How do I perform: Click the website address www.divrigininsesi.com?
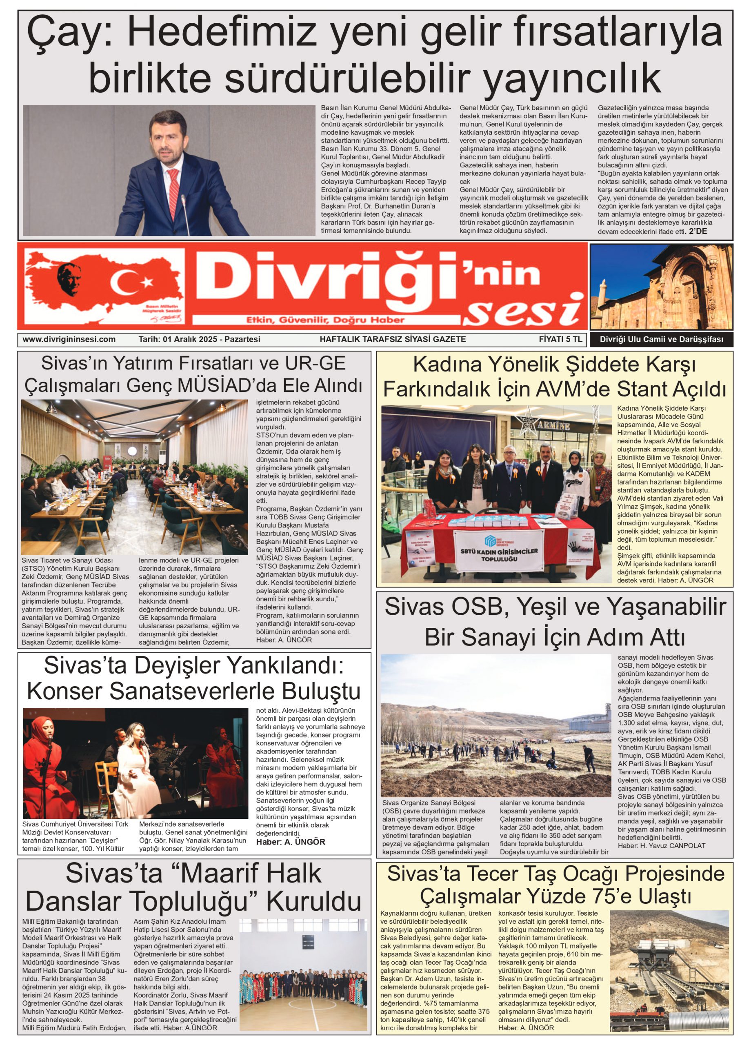coord(69,339)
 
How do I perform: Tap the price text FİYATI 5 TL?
coord(560,339)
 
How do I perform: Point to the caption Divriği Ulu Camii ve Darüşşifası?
coord(661,340)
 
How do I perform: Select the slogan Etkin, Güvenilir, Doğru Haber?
coord(325,319)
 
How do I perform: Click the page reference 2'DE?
coord(698,231)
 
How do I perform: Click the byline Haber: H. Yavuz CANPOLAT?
coord(661,845)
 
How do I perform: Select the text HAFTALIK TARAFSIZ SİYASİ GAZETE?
coord(393,339)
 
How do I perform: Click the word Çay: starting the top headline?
coord(71,32)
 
